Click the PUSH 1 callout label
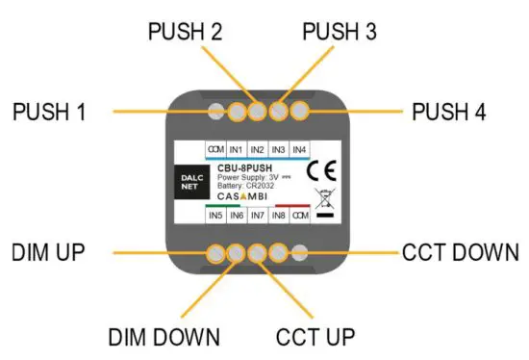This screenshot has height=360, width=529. (49, 112)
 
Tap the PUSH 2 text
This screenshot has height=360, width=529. (185, 31)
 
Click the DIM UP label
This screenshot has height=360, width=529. (50, 253)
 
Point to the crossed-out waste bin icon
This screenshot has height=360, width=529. (323, 199)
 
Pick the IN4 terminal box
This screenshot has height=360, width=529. (299, 150)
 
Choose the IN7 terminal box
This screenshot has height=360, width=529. (257, 216)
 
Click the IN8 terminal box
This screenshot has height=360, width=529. (278, 216)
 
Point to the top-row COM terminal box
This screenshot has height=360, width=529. (214, 150)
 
